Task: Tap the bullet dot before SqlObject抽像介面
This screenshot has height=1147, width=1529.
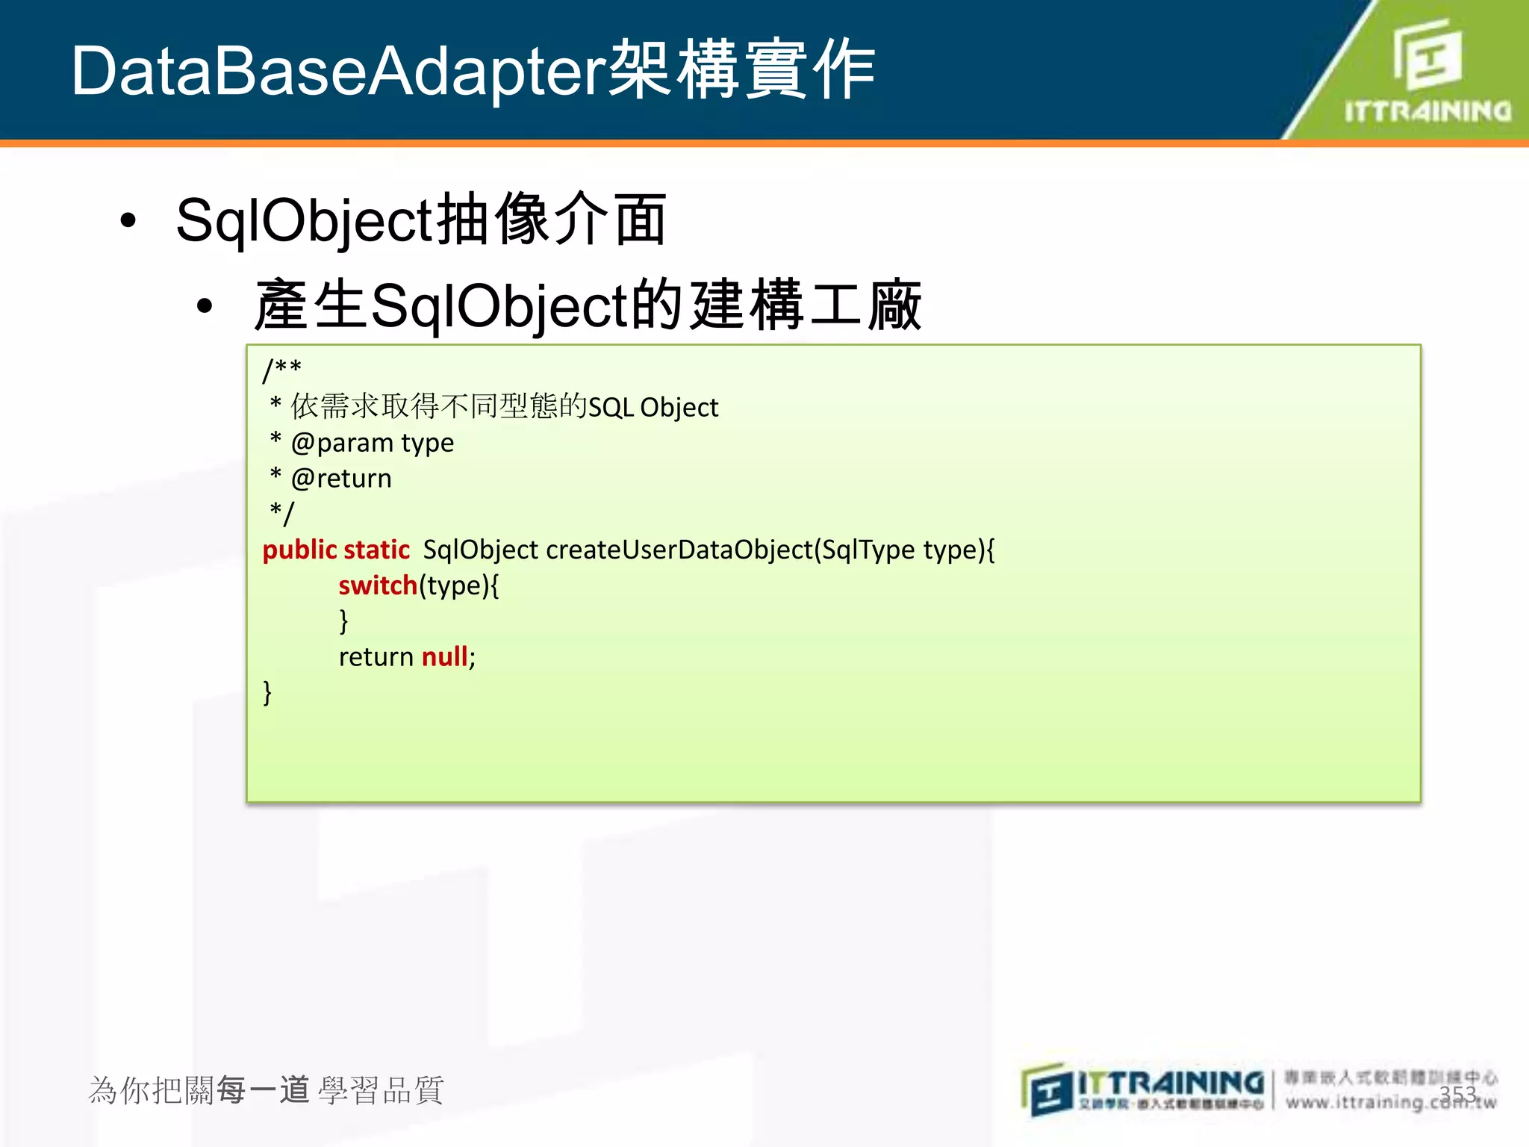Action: click(x=128, y=221)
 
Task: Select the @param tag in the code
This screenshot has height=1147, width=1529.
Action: click(x=342, y=443)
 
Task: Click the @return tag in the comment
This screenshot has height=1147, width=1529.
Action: click(x=341, y=479)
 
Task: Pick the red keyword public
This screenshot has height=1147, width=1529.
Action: click(x=299, y=550)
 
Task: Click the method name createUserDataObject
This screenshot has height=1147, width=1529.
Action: click(x=679, y=550)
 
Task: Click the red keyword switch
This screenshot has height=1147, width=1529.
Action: click(x=378, y=585)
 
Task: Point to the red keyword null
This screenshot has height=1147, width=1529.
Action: click(x=444, y=657)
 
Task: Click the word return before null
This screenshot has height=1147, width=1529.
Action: click(x=376, y=657)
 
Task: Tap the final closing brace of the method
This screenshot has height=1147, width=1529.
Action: click(x=267, y=692)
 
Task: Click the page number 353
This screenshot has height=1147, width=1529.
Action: click(x=1457, y=1094)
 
